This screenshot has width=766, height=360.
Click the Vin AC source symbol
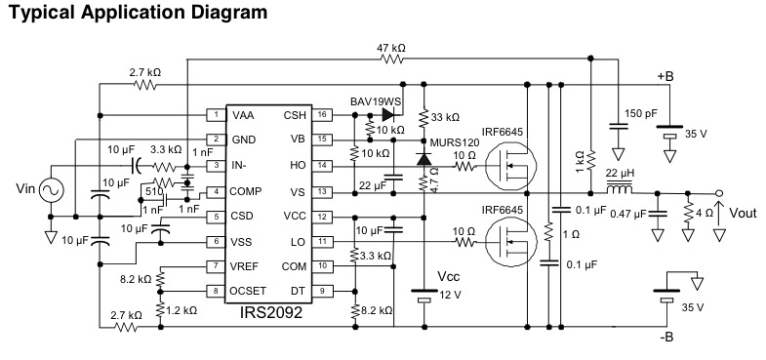pos(51,190)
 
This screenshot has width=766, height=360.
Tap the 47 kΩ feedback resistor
pos(392,59)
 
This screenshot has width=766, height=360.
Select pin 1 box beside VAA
pos(216,115)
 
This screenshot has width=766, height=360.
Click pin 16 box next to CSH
pos(322,115)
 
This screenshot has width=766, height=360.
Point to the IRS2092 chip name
pos(270,312)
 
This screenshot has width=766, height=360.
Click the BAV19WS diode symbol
pos(388,115)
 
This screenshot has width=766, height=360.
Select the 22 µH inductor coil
pos(619,187)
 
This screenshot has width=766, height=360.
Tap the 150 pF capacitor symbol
pos(618,127)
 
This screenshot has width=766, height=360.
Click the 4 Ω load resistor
pos(688,212)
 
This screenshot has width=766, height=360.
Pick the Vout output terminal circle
pos(719,192)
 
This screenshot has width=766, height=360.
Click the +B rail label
pos(665,76)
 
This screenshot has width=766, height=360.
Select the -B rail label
pos(665,337)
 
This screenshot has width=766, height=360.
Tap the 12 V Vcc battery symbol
pos(424,295)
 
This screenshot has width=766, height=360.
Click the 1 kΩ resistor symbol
pos(590,159)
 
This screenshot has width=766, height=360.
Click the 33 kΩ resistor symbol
pos(423,117)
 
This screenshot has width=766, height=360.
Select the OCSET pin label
pos(248,291)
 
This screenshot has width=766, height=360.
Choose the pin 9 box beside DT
pos(322,291)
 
